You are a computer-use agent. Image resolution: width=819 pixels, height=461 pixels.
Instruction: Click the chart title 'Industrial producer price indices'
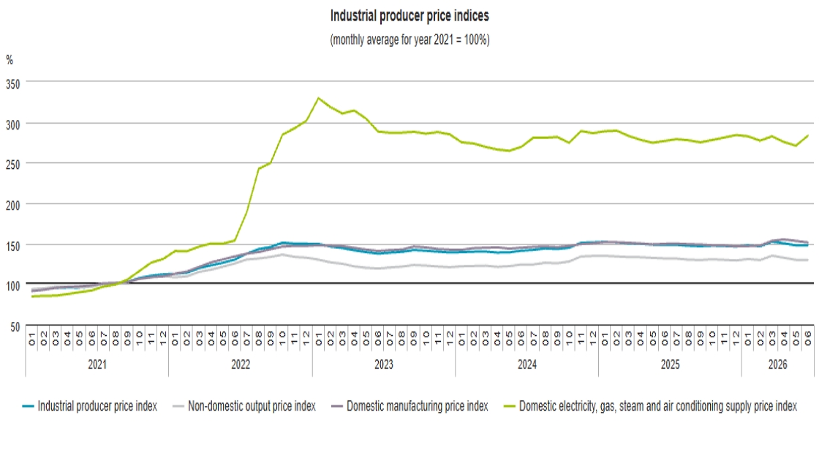click(409, 16)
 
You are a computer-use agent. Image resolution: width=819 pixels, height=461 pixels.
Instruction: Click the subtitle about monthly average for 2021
click(410, 40)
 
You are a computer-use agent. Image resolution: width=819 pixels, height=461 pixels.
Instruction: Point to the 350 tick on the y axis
click(13, 84)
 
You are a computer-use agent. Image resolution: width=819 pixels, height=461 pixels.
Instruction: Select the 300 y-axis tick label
click(13, 125)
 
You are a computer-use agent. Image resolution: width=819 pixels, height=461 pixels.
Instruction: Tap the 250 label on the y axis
click(13, 165)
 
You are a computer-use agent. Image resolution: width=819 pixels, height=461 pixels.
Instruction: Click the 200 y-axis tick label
click(13, 206)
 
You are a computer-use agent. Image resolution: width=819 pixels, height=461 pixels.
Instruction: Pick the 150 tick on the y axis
click(13, 246)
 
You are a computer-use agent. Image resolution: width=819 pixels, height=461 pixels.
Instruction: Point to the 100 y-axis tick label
click(13, 286)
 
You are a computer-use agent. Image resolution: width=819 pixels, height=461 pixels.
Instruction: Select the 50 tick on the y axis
click(15, 327)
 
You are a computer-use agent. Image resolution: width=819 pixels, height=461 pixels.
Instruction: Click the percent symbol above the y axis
click(10, 60)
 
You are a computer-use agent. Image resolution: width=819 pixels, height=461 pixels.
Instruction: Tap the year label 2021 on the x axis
click(97, 364)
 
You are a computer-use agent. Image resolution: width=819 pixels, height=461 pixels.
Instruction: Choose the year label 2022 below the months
click(241, 364)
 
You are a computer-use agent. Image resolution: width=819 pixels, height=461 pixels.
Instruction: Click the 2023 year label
click(384, 364)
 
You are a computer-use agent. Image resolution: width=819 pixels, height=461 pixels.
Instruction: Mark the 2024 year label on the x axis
click(527, 364)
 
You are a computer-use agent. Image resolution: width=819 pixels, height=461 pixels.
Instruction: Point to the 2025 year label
click(670, 364)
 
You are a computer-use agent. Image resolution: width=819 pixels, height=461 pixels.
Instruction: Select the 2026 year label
click(778, 364)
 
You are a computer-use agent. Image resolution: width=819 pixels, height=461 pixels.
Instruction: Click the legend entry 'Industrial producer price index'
click(90, 406)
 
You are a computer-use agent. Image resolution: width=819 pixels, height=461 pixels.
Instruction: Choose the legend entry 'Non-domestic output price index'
click(244, 406)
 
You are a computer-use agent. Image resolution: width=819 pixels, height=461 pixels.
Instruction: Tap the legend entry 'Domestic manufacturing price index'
click(410, 406)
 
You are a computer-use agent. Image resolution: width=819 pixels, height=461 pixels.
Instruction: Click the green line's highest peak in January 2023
click(319, 98)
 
